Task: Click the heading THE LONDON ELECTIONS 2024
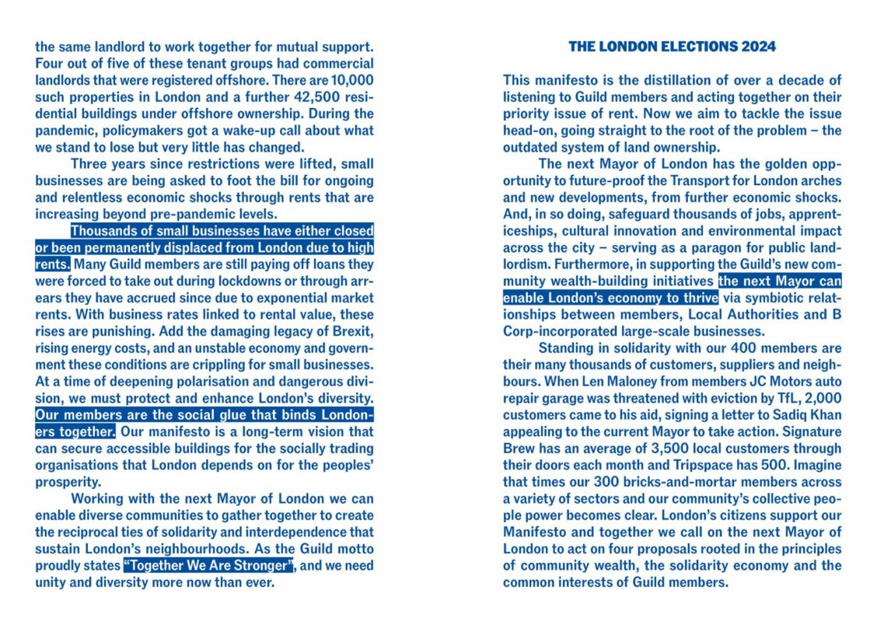pyautogui.click(x=672, y=47)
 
